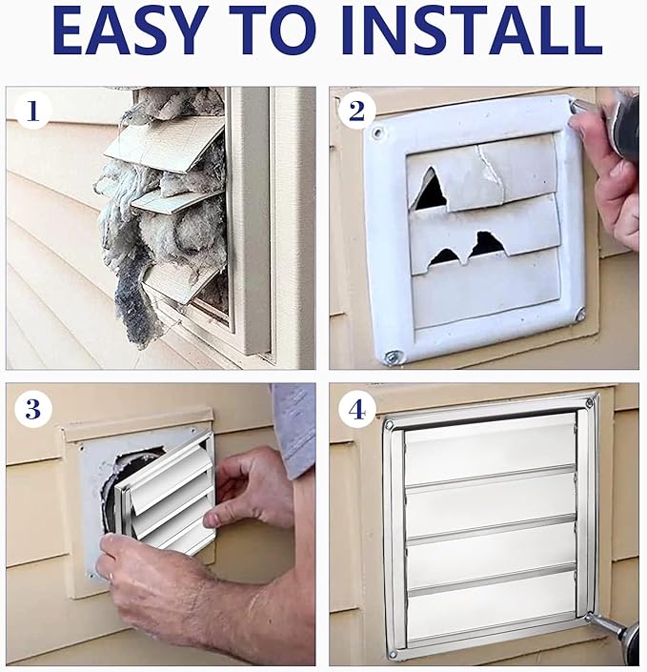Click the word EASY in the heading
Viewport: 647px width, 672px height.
[x=128, y=30]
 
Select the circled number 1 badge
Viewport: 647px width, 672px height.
[x=33, y=112]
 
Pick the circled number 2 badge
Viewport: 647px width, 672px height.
[x=356, y=112]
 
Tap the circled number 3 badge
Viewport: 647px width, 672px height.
[x=33, y=410]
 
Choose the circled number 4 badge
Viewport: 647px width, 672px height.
[x=356, y=410]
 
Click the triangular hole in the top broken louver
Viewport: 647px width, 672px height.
[x=430, y=192]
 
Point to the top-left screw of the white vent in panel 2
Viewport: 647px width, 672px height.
[x=377, y=132]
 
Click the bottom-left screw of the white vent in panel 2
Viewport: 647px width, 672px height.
[x=392, y=356]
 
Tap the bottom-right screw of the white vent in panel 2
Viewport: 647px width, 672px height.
[x=579, y=314]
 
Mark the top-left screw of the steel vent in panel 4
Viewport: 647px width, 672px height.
[x=389, y=425]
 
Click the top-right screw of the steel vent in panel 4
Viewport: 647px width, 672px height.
[x=591, y=402]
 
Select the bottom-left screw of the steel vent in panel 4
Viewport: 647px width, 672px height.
[x=393, y=655]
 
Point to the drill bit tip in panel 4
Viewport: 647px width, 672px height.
[x=588, y=617]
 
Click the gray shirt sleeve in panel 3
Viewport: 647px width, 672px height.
[x=294, y=429]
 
